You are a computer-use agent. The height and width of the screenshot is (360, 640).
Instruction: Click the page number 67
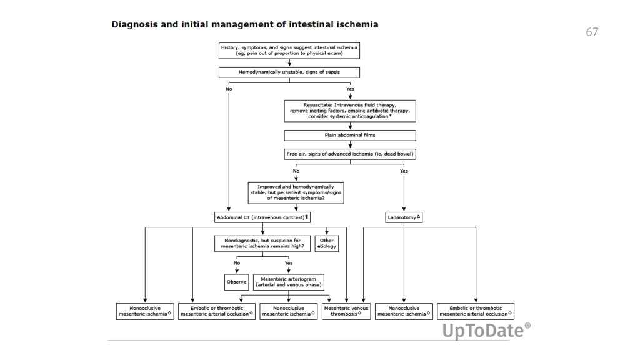pos(592,32)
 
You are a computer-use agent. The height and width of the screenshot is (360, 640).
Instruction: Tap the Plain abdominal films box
pos(350,135)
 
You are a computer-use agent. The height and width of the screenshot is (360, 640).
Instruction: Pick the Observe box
pos(237,282)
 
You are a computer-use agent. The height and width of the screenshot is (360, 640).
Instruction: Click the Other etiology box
pos(327,243)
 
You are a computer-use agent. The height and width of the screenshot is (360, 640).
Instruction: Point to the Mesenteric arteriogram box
pos(289,282)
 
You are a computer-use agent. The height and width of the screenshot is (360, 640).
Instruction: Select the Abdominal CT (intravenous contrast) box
pos(263,217)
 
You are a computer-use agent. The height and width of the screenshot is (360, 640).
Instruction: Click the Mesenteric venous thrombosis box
pos(347,311)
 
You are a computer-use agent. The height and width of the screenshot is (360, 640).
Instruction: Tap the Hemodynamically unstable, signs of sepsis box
pos(289,72)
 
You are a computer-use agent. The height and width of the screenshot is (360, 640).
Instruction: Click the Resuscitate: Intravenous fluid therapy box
pos(350,111)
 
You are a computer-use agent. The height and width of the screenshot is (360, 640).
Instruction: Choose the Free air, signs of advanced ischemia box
pos(350,153)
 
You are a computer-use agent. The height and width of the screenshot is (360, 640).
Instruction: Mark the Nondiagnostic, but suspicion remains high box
pos(263,243)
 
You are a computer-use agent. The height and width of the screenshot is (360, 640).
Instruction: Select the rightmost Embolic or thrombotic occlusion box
pos(476,311)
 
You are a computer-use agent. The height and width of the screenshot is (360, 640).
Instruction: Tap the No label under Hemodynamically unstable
pos(229,89)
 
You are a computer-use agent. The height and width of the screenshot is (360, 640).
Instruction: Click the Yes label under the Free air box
pos(404,170)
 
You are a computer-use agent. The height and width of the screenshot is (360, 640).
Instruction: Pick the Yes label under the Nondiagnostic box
pos(289,263)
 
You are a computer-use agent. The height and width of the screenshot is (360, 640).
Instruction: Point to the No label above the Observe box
pos(237,263)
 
